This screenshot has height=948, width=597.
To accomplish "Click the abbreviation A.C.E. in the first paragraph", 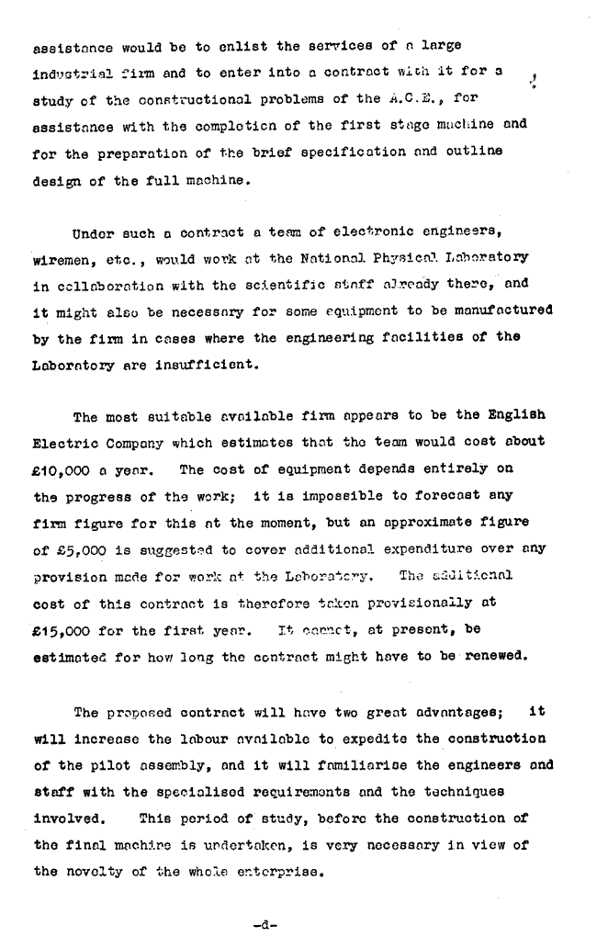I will pos(410,98).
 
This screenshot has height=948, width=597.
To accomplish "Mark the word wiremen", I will pos(61,258).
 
